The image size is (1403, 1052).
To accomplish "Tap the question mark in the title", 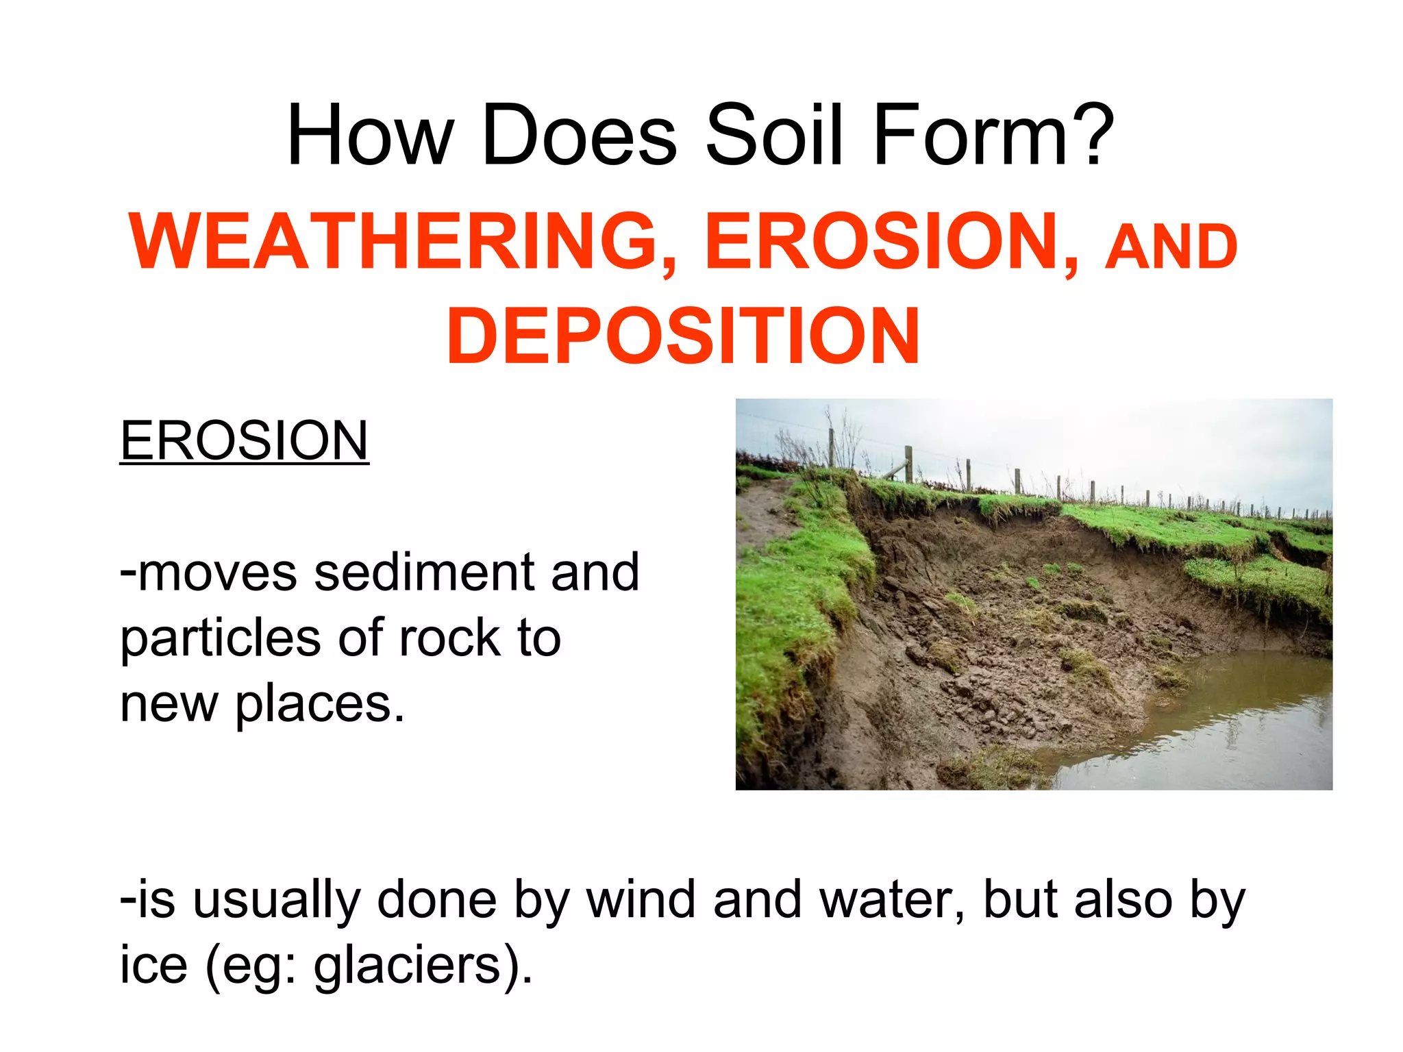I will (x=1087, y=135).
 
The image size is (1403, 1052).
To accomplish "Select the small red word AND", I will (x=1171, y=247).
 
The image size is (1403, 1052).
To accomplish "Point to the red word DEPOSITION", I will (x=682, y=336).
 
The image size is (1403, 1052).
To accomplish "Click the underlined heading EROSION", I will (x=244, y=441).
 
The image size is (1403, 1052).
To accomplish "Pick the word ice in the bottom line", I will (x=153, y=966).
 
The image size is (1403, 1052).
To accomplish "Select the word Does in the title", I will (x=580, y=135).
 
